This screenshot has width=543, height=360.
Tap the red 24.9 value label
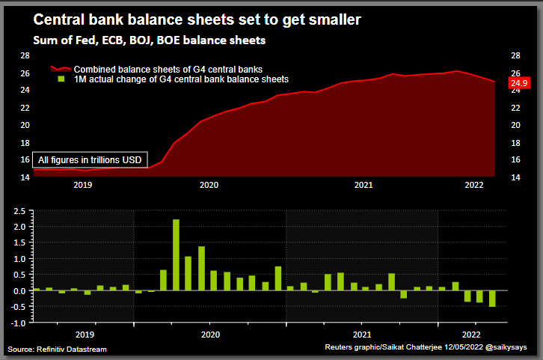(519, 83)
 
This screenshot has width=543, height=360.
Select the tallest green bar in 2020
(176, 254)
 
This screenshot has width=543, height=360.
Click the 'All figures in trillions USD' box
(90, 159)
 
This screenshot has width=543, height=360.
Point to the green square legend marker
(62, 79)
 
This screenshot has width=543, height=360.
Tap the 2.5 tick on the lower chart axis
(19, 210)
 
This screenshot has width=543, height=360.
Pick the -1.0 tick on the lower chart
(18, 323)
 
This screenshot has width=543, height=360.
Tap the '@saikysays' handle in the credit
(509, 348)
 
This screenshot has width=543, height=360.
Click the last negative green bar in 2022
(492, 298)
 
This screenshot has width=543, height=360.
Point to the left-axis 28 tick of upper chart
(24, 55)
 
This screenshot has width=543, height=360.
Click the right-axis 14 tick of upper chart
(515, 177)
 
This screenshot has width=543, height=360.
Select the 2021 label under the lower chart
(361, 334)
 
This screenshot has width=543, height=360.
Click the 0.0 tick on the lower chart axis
(19, 290)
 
